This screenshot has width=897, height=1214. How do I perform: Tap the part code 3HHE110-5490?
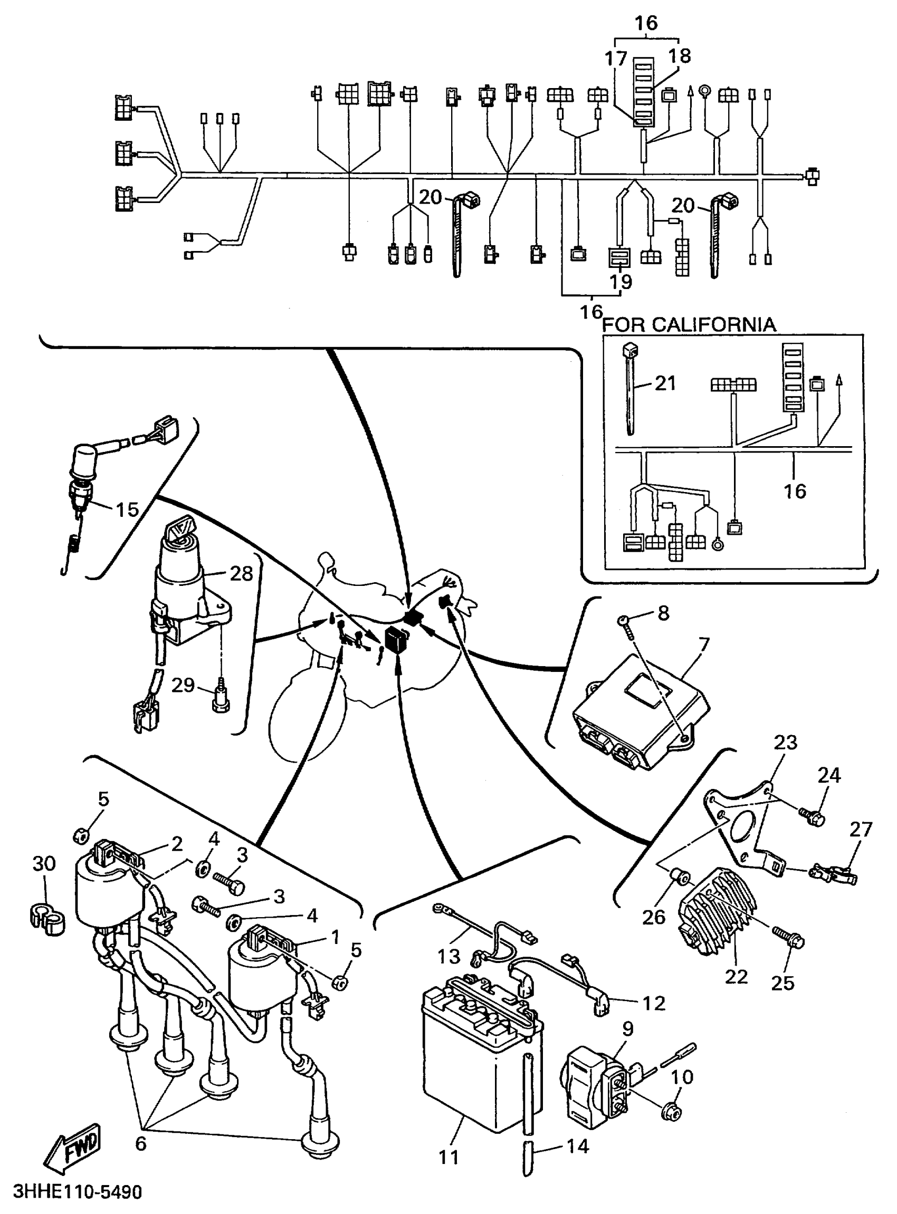(77, 1192)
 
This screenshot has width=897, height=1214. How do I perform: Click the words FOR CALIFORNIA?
(689, 325)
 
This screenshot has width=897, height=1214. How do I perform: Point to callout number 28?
(242, 573)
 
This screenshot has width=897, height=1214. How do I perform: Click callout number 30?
(44, 863)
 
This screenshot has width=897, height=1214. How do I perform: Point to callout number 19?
(621, 282)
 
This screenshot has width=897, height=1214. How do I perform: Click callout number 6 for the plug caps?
(141, 1143)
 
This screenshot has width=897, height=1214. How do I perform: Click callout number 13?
(448, 956)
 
